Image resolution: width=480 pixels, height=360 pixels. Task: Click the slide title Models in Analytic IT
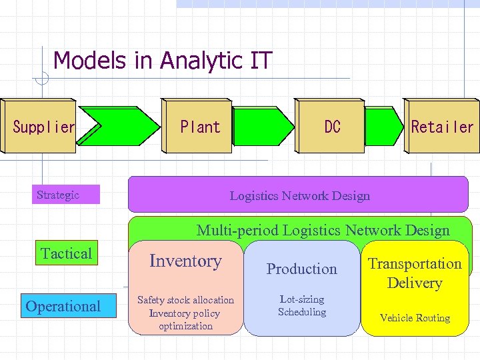(163, 61)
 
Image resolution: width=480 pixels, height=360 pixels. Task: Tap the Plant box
(199, 127)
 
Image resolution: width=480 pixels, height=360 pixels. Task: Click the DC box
(331, 127)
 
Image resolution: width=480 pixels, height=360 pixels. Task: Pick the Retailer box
(442, 127)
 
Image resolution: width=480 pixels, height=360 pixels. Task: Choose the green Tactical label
(66, 253)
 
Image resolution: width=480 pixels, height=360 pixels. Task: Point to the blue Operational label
(63, 306)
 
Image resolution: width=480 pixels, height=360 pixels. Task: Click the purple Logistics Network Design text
(299, 195)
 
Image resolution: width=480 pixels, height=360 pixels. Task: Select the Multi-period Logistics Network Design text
(323, 231)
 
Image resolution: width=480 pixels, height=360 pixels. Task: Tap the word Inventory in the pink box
(185, 261)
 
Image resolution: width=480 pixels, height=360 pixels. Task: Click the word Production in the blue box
(301, 269)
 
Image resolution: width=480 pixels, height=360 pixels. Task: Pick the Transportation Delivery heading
(415, 273)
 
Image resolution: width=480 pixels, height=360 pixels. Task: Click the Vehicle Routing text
(415, 318)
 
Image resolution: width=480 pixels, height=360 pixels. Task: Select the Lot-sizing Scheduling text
(302, 306)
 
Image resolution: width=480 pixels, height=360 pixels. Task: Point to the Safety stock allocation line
(185, 300)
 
